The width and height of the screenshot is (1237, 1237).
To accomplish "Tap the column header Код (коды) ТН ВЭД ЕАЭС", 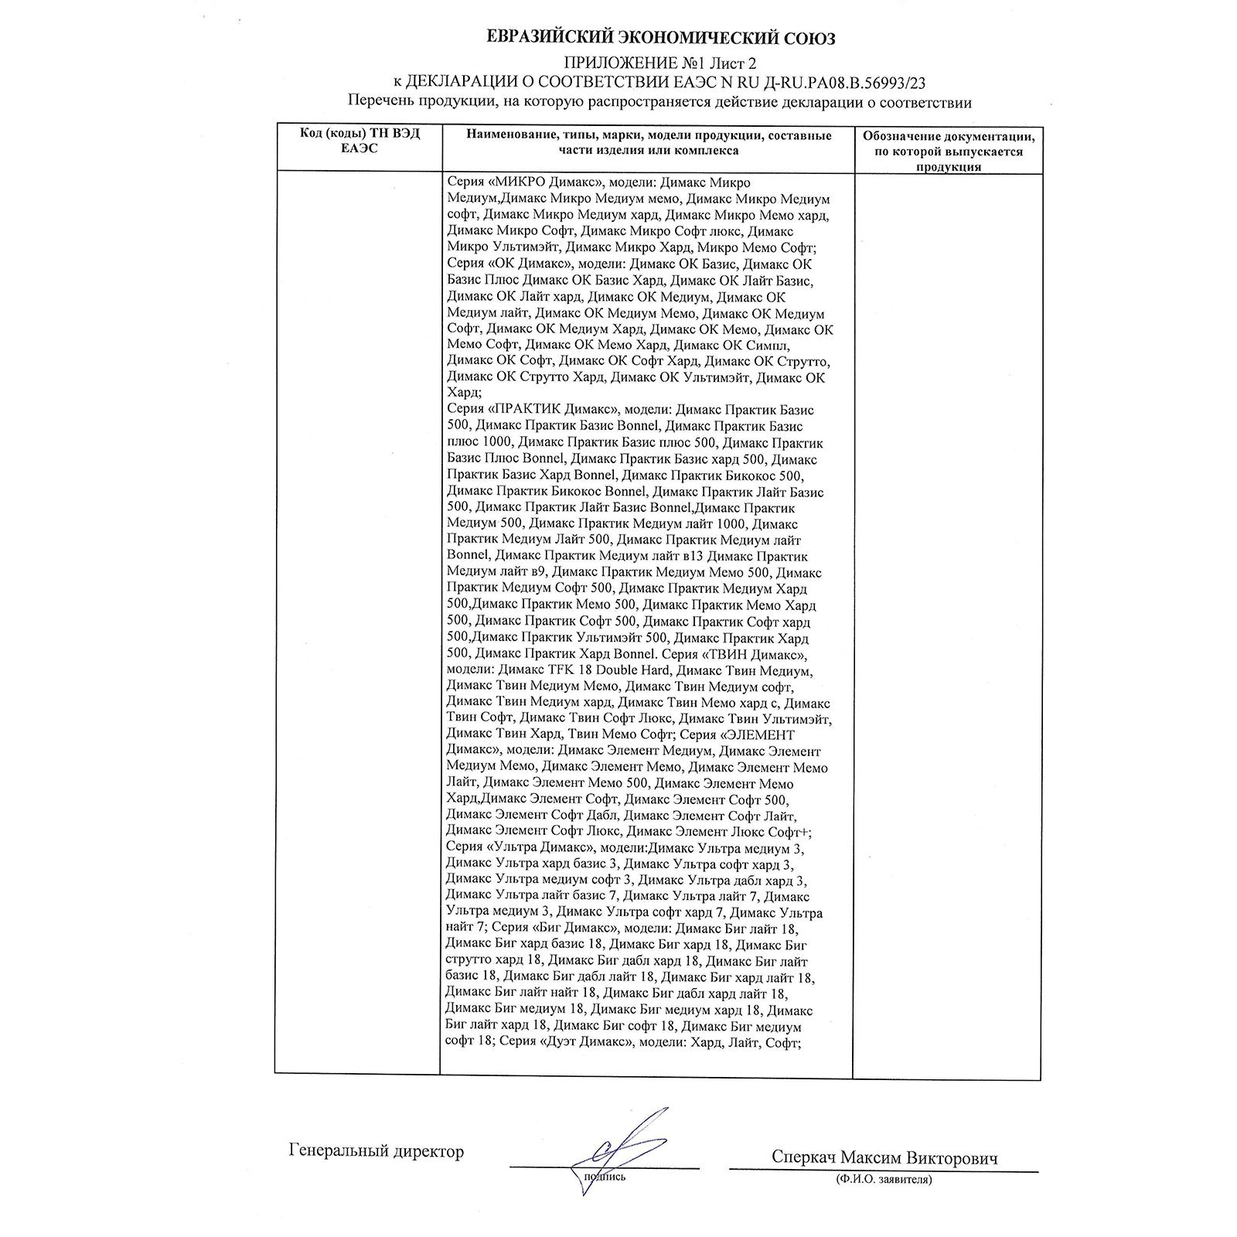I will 360,141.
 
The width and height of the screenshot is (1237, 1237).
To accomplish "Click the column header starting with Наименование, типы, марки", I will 648,143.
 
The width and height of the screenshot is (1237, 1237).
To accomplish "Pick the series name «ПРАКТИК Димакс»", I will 551,410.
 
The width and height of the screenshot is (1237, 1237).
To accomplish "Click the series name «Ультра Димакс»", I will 540,848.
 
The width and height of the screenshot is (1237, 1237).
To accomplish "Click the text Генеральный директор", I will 377,1151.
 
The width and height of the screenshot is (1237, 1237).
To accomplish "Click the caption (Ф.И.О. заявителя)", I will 884,1180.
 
